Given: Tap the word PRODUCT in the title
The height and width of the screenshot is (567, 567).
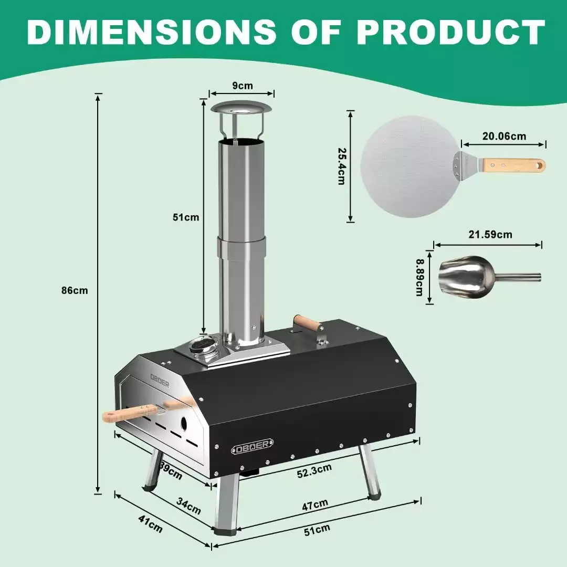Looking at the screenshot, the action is [450, 32].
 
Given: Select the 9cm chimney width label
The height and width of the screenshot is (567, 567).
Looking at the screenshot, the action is [242, 86].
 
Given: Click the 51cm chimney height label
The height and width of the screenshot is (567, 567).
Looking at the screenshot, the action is [186, 217].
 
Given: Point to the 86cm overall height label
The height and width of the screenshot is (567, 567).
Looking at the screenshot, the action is [75, 290].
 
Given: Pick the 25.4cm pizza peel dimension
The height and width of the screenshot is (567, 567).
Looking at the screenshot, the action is [342, 166].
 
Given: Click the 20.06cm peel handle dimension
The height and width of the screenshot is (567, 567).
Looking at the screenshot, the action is [504, 136].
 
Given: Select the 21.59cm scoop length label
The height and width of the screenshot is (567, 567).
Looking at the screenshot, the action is [490, 235].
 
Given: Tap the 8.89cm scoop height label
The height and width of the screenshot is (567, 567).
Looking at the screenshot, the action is [419, 277].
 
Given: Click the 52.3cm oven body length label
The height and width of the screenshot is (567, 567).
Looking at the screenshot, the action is [314, 471].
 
